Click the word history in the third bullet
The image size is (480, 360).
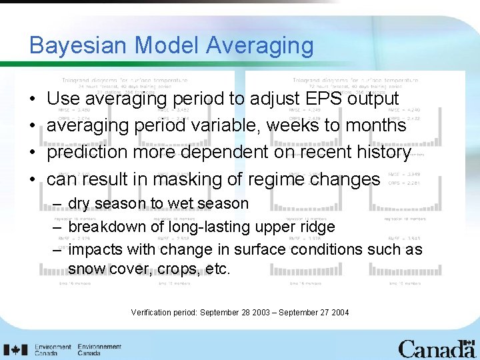(x=377, y=153)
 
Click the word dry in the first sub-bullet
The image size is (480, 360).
(x=79, y=203)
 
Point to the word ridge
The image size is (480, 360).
(x=317, y=227)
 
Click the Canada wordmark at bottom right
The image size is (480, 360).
(x=436, y=349)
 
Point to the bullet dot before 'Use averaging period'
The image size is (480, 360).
(x=33, y=99)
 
